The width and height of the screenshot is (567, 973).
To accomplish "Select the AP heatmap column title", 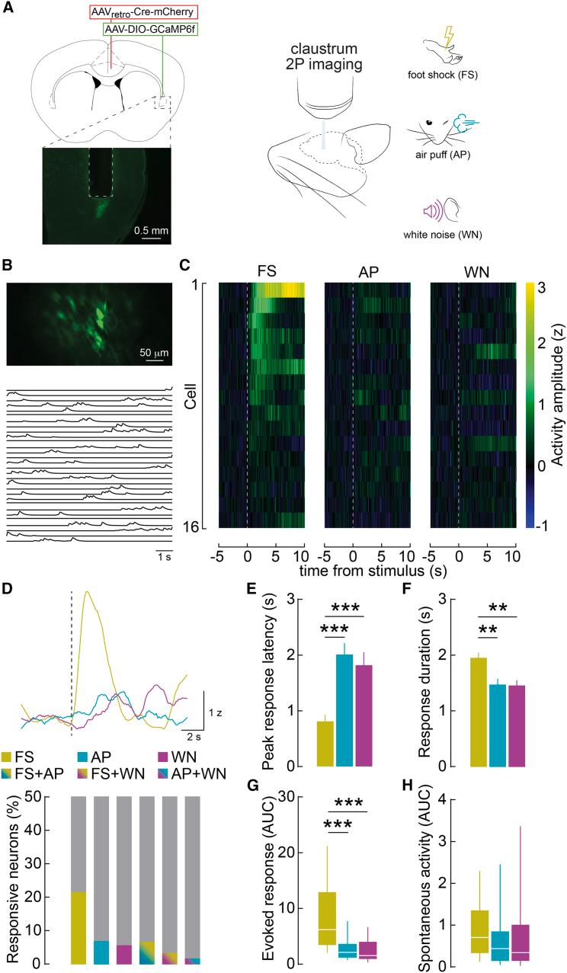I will point(367,270).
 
